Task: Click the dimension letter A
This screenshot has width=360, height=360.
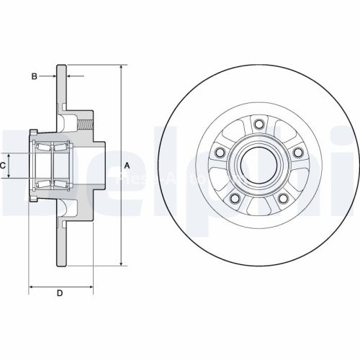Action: click(127, 166)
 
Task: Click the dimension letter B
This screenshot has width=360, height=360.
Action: click(34, 75)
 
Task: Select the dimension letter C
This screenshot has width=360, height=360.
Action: click(4, 166)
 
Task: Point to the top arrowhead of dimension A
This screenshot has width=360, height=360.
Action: click(120, 67)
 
